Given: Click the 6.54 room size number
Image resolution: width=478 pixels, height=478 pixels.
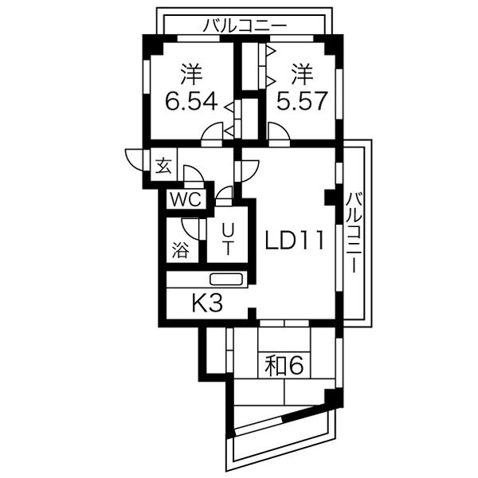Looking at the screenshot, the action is tap(191, 101).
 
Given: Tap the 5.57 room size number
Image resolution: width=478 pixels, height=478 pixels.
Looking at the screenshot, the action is tap(302, 101).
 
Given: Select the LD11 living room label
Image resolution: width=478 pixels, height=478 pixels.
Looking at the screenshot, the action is tap(295, 241).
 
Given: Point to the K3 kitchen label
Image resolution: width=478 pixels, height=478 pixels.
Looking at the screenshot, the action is tap(208, 303).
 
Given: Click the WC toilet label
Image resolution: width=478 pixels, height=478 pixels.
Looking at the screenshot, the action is tap(186, 200).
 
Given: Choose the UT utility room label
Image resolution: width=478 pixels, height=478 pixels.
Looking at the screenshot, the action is tap(227, 239).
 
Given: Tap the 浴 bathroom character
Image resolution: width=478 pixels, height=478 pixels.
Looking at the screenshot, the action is tap(180, 251).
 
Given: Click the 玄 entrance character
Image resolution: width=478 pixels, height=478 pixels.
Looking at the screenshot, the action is tap(163, 167).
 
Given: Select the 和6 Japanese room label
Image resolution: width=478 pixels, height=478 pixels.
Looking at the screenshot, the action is tap(284, 366).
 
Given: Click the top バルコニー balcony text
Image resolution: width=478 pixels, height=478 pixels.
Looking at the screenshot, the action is tap(245, 26).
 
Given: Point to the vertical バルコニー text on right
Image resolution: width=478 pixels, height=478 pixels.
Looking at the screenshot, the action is tap(354, 233).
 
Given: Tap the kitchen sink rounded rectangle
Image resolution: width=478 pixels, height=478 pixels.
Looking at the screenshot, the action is tap(226, 280).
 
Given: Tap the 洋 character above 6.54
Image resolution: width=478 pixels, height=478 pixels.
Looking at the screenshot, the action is tap(191, 74).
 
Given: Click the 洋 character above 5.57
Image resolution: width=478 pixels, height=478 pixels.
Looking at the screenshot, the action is tap(303, 74).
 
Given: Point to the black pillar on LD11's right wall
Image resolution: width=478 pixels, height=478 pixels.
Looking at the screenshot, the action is tap(330, 198).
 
